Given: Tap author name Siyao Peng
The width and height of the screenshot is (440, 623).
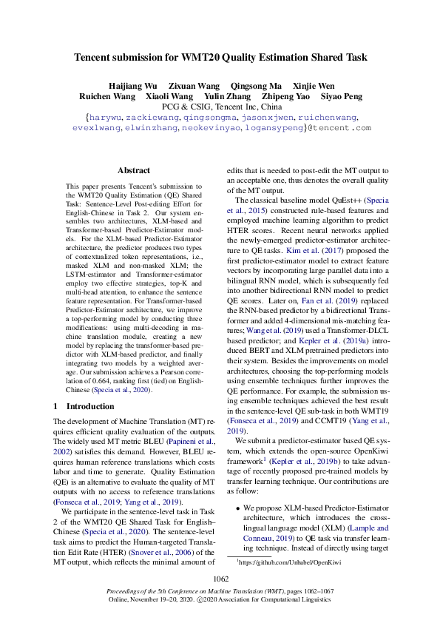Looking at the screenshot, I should [341, 96].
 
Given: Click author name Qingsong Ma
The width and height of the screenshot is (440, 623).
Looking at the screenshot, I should [256, 85].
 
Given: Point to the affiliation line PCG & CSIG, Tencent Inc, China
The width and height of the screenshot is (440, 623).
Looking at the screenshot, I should [220, 107].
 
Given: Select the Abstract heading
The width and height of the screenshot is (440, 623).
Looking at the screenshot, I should [133, 169].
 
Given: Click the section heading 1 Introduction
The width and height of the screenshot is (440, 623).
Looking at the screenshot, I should [81, 406].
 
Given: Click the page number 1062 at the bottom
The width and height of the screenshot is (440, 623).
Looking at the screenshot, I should [220, 578].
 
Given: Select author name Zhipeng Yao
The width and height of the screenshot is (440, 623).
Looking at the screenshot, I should [282, 96].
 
